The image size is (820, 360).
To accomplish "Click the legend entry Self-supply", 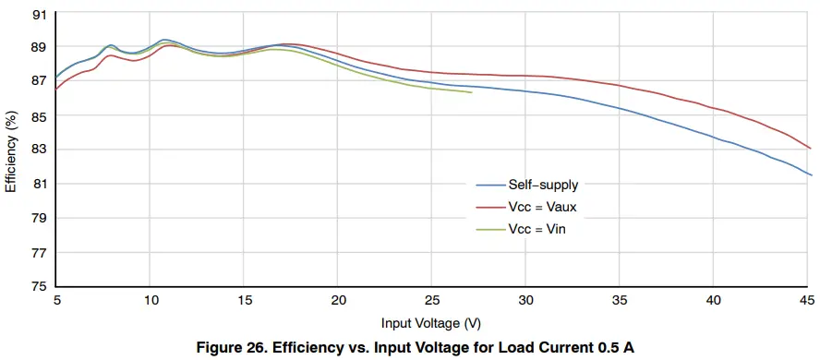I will point(543,185).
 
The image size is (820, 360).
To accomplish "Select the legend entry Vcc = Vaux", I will point(542,207).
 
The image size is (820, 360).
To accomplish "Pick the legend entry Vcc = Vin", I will point(537,229).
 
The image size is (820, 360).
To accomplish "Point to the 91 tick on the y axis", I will point(39,14).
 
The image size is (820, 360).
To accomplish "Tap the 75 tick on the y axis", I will point(39,287).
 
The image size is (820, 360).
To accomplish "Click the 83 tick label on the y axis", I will point(39,150).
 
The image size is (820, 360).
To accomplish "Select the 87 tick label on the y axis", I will point(39,81).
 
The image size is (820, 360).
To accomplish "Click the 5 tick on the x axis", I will point(56,301).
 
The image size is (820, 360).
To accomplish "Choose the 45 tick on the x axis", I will point(806,301).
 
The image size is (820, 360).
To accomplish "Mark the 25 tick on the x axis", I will point(431,301).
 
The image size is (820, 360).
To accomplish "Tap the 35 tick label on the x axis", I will point(619,301).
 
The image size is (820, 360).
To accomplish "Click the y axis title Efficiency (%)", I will point(11,150).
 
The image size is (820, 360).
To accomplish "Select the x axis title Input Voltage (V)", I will point(430,323).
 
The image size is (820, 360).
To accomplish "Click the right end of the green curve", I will point(472,92).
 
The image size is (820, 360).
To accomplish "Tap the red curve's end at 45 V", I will point(811,148).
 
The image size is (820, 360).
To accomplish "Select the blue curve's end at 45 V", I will point(811,174).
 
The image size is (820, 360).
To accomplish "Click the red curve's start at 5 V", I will point(56,89).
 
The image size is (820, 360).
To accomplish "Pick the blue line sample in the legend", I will point(489,185).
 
